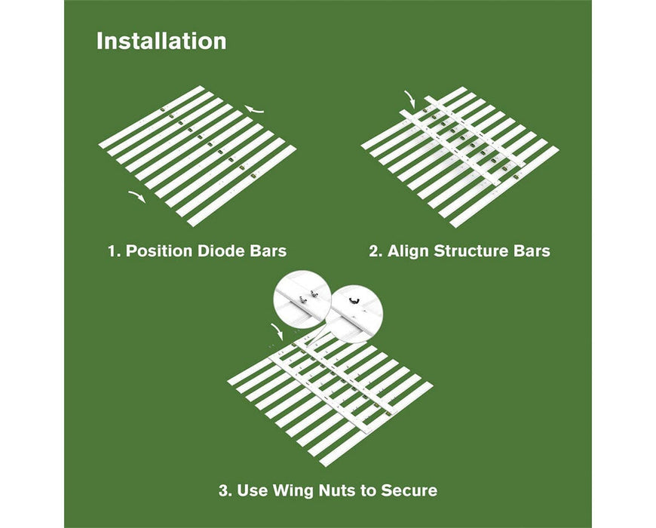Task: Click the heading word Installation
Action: (x=161, y=41)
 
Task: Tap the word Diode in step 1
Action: (x=215, y=250)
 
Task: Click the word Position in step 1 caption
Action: (x=157, y=250)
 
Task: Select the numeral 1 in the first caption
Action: (x=112, y=250)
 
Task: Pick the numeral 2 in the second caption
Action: (x=374, y=250)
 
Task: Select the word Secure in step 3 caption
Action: (x=410, y=491)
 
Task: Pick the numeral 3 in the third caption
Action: (x=224, y=491)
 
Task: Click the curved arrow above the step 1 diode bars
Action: (x=256, y=110)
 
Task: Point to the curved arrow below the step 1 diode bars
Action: (x=137, y=196)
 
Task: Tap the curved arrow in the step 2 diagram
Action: (x=409, y=98)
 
